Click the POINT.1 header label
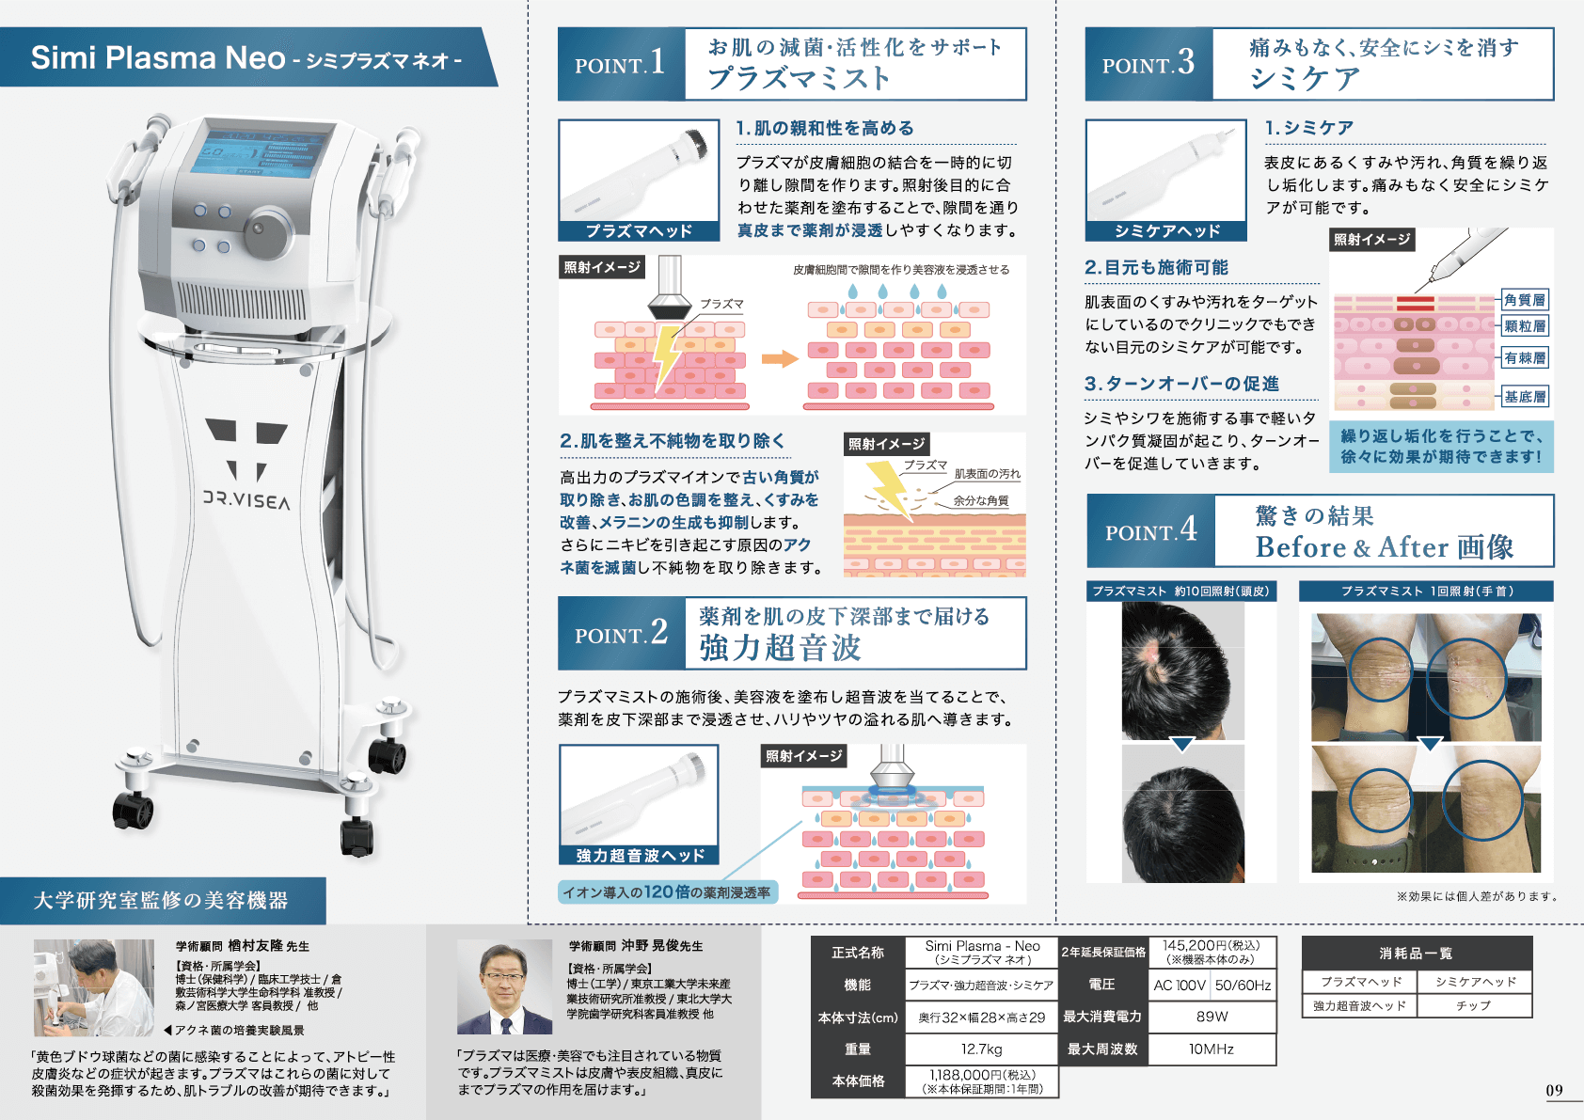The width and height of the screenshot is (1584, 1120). (x=620, y=64)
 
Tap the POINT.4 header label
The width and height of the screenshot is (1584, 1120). (x=1150, y=531)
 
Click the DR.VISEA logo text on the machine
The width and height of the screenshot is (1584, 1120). (x=246, y=499)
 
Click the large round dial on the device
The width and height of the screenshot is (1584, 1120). (x=269, y=229)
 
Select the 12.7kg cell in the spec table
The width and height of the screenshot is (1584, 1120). (x=981, y=1049)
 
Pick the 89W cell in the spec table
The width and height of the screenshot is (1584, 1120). (x=1212, y=1017)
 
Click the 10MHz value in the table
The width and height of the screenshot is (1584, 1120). (x=1212, y=1049)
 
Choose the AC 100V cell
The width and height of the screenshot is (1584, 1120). (x=1180, y=986)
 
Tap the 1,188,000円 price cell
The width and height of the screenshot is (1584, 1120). (x=981, y=1081)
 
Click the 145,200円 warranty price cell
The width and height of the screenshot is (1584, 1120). (x=1212, y=951)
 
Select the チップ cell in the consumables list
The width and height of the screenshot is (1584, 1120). (x=1474, y=1005)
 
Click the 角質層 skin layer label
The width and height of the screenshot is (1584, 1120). (x=1524, y=300)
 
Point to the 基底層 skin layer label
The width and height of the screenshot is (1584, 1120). (x=1524, y=397)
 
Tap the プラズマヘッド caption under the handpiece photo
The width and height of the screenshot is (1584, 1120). (x=639, y=231)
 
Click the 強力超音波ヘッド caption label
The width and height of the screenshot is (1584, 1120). (x=640, y=855)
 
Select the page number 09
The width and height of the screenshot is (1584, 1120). (x=1554, y=1090)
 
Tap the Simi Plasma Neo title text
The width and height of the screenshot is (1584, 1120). (x=158, y=58)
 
